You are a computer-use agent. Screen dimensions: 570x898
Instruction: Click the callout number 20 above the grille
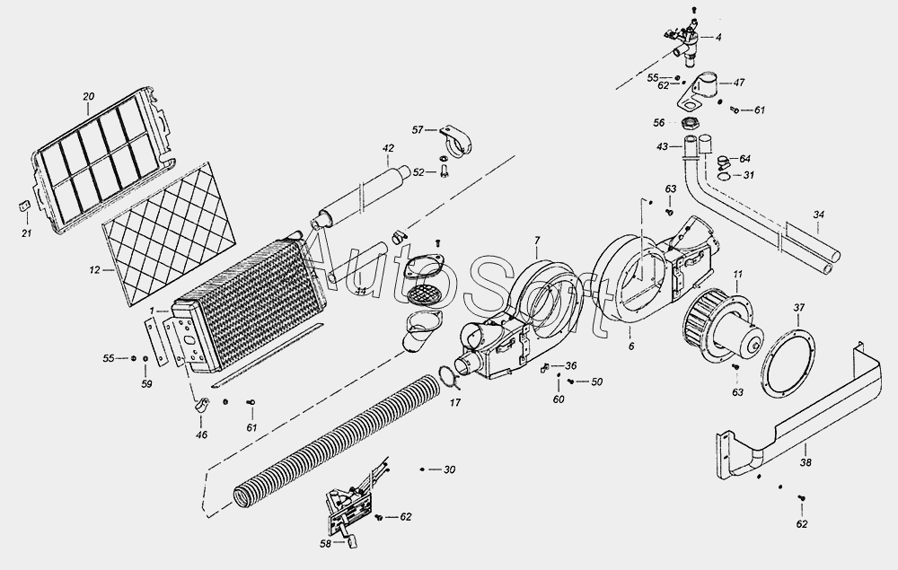point(88,96)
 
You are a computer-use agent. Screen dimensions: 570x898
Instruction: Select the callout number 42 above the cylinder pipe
point(388,148)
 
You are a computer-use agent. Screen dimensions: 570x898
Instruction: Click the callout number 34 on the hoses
point(817,215)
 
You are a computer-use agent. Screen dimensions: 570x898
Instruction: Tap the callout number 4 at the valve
point(718,37)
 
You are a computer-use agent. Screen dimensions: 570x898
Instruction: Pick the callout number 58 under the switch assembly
point(325,543)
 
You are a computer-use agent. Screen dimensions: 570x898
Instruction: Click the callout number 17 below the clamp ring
point(455,402)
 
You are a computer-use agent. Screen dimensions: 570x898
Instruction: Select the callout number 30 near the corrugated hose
point(450,469)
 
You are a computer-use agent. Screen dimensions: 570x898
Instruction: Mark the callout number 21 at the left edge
point(26,233)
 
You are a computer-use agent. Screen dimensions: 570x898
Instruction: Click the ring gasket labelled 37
point(789,363)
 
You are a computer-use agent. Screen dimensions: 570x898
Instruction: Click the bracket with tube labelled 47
point(703,90)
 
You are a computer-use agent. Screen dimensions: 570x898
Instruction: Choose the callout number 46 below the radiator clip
point(201,434)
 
